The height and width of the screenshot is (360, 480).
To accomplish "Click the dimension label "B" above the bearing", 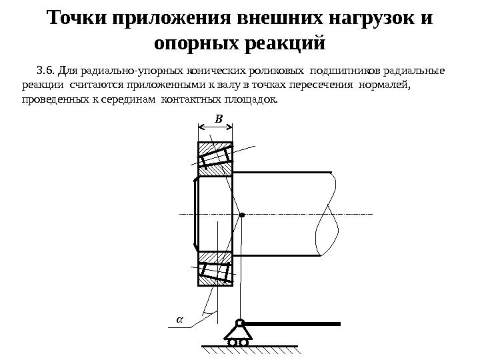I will point(217,119).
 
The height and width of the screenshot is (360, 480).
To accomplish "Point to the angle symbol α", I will point(178,319).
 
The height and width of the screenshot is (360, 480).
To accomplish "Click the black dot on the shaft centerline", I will point(242,215).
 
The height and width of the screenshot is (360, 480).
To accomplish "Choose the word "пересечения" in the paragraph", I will point(324,85).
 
